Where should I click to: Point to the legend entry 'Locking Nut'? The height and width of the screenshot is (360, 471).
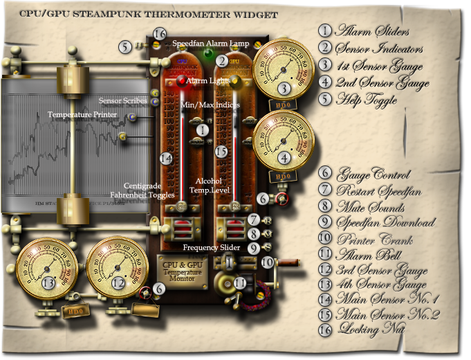[x=369, y=330]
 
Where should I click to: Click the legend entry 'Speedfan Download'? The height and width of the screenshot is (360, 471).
[x=385, y=223]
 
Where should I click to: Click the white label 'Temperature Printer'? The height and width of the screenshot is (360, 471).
[x=82, y=113]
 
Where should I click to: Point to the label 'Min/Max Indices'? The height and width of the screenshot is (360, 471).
[x=210, y=105]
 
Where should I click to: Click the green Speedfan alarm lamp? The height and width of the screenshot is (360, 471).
[x=208, y=53]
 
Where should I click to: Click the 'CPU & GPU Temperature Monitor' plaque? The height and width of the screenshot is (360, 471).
[x=182, y=269]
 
